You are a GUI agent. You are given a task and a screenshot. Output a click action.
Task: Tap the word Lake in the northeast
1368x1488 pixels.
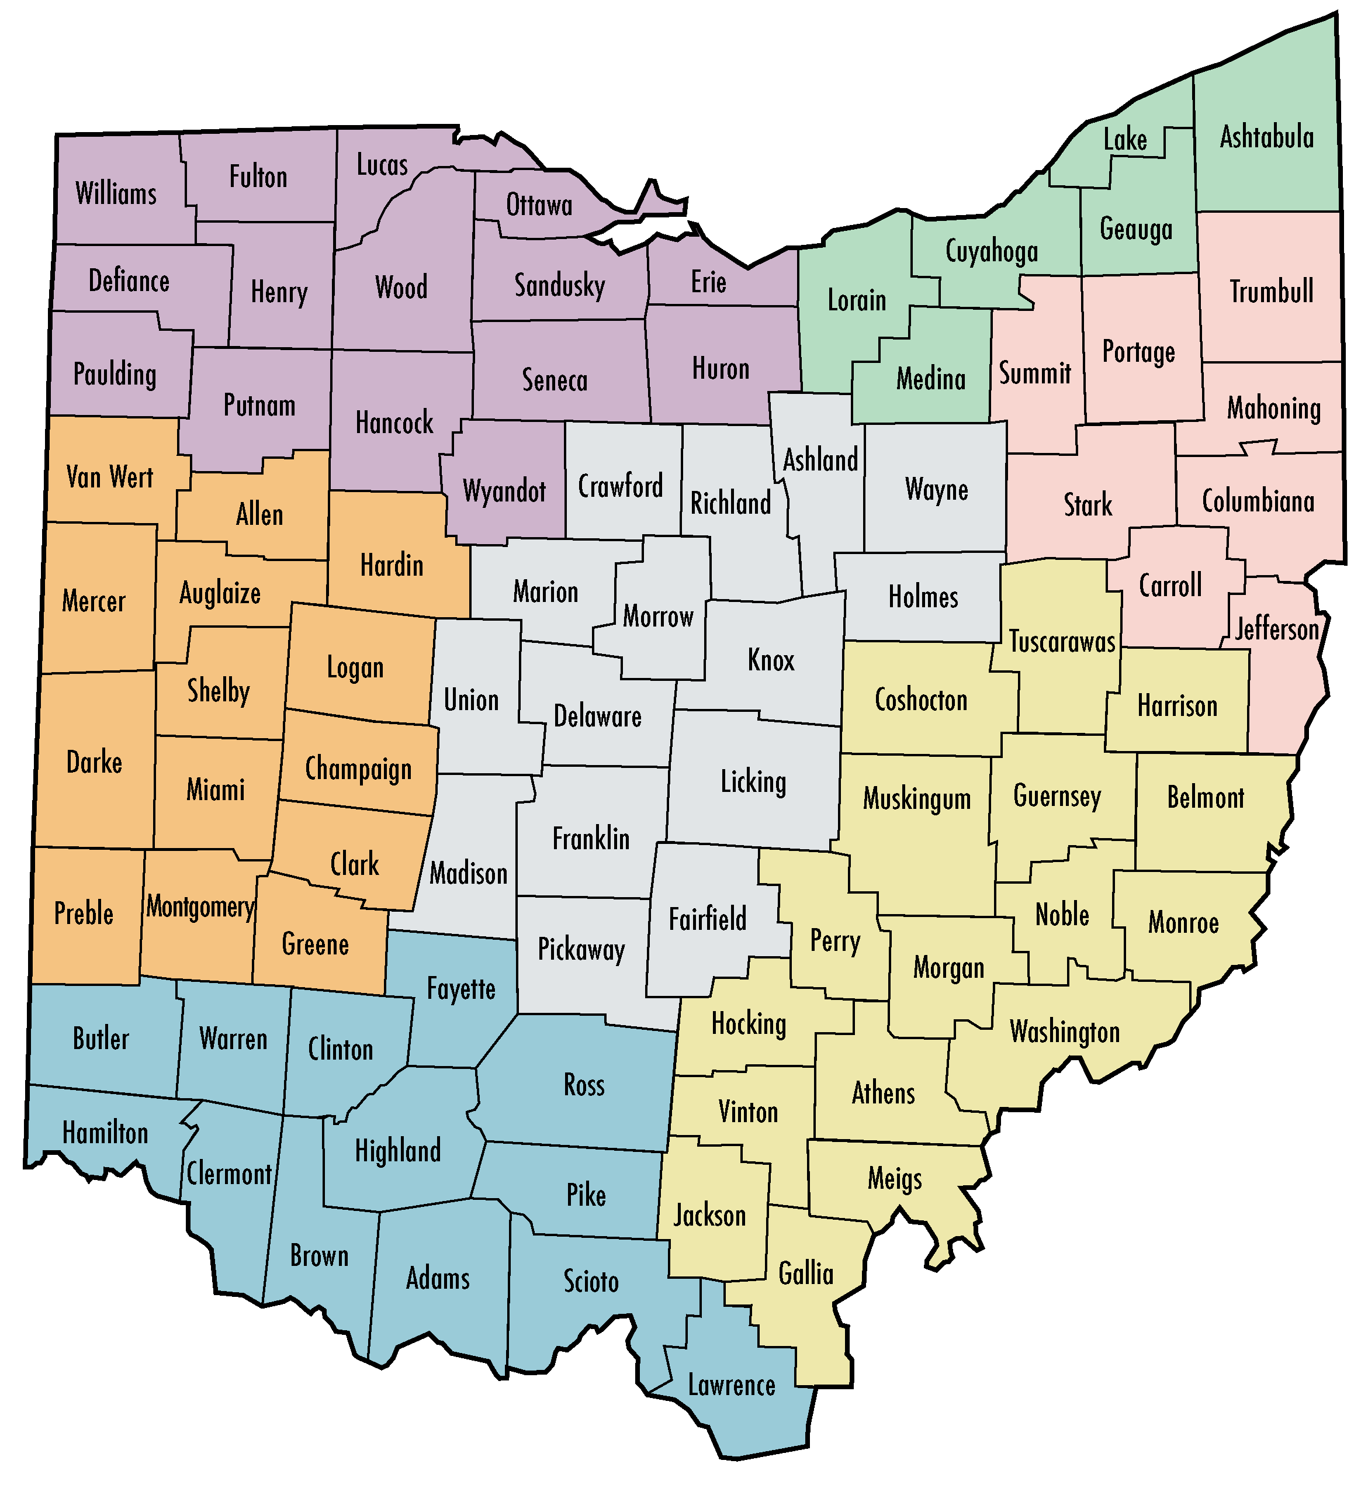[1125, 140]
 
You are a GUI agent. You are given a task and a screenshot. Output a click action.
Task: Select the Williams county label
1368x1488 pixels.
[116, 194]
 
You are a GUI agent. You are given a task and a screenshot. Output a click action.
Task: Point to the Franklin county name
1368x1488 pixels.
[591, 839]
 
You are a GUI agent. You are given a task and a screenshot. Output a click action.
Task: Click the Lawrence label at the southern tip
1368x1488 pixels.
[732, 1385]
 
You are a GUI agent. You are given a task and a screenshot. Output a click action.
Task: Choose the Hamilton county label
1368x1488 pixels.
[105, 1133]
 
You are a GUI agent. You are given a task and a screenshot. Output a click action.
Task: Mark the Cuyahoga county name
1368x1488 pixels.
[991, 252]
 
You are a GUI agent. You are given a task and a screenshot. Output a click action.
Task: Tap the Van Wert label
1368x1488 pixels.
[109, 477]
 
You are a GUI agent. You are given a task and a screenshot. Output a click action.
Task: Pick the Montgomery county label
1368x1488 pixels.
[200, 906]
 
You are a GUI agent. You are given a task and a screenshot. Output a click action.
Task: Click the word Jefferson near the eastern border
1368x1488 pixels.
[1277, 630]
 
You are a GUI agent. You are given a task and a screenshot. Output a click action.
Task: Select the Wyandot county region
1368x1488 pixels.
[504, 491]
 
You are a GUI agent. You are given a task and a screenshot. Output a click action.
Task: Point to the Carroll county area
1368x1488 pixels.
[1170, 586]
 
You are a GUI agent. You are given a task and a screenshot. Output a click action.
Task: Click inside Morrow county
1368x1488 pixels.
[658, 616]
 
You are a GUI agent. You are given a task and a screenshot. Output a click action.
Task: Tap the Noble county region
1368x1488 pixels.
[1062, 915]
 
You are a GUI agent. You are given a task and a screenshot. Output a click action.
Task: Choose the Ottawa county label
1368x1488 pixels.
[539, 205]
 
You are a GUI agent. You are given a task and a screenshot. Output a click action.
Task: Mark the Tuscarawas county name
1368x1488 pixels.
[1062, 642]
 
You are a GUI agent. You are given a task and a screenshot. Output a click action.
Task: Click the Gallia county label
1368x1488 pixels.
[805, 1274]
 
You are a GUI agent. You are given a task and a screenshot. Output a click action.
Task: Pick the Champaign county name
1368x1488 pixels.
[358, 769]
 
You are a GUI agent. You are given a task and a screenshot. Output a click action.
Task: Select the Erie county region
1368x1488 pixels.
[708, 282]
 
